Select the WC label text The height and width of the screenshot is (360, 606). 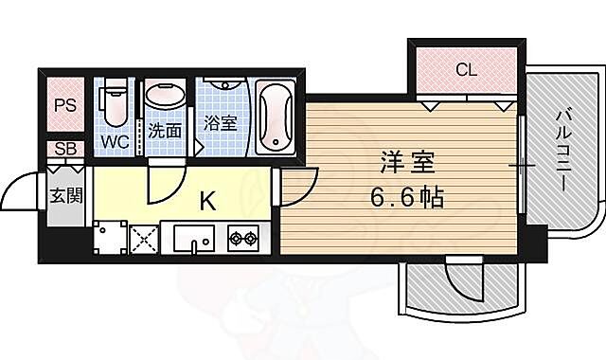pyautogui.click(x=116, y=142)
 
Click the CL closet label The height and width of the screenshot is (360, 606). pyautogui.click(x=465, y=69)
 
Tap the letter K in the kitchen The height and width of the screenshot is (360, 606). pyautogui.click(x=208, y=200)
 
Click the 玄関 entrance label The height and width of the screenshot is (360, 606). pyautogui.click(x=65, y=196)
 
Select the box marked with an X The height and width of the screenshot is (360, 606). pyautogui.click(x=143, y=238)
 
